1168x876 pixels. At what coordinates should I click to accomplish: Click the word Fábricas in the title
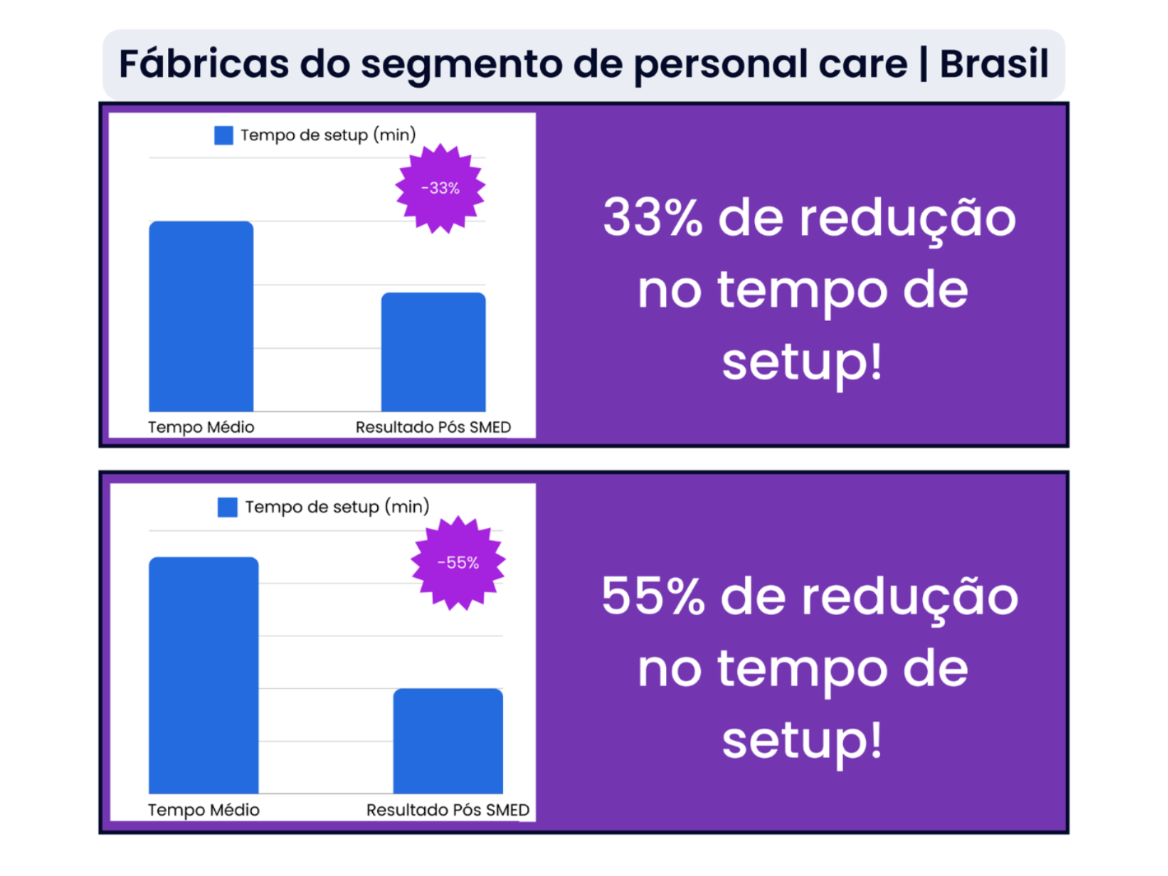tap(203, 63)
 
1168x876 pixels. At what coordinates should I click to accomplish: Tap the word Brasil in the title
tap(994, 64)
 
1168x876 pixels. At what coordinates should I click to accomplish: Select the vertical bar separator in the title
tap(923, 64)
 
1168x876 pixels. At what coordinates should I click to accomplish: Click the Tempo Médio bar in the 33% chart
tap(201, 316)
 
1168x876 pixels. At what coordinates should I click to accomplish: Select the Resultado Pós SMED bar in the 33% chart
tap(433, 352)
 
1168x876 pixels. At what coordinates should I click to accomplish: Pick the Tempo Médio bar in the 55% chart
tap(204, 675)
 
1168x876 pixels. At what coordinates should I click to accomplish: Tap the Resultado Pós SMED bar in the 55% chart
tap(448, 741)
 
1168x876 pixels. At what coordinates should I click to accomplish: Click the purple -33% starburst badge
tap(440, 189)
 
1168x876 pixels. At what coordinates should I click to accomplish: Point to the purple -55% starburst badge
tap(458, 563)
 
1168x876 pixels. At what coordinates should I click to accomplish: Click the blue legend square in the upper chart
tap(224, 135)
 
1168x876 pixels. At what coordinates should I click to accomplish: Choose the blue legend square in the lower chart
tap(228, 507)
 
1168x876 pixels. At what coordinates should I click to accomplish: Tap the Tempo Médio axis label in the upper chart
tap(201, 427)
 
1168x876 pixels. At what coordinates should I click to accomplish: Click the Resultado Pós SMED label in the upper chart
tap(433, 427)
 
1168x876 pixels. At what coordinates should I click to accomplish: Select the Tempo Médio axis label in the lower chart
tap(204, 810)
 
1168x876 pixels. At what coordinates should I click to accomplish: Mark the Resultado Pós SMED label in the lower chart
tap(448, 810)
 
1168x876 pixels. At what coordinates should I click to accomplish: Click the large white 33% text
tap(653, 217)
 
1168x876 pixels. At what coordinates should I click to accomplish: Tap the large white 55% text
tap(653, 596)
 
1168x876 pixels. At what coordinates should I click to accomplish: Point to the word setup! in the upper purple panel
tap(802, 363)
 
